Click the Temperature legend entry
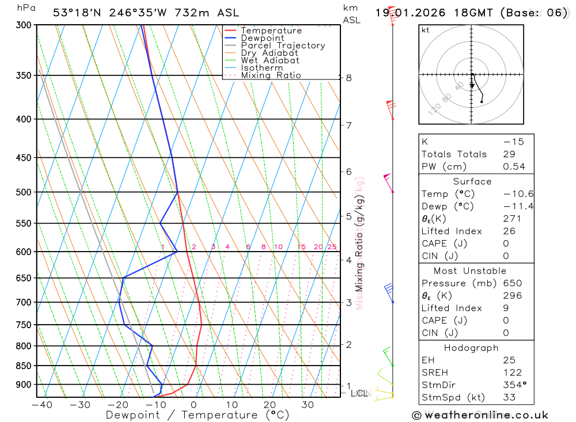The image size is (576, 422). (271, 31)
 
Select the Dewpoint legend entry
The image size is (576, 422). (262, 38)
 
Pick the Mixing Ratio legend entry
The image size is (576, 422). (271, 75)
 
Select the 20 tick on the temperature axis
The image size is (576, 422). (270, 405)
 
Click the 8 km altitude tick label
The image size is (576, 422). (348, 78)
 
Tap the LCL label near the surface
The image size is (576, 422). (359, 394)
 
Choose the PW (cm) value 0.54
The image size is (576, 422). (514, 167)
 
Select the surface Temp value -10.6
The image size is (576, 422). (517, 194)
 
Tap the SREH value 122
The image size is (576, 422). (511, 373)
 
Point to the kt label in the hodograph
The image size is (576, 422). (426, 30)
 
